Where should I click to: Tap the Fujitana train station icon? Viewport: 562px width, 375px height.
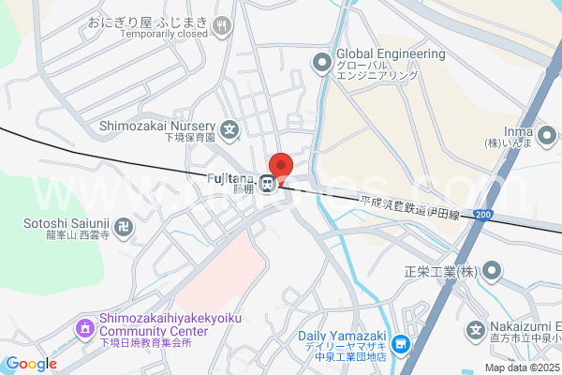pyautogui.click(x=268, y=184)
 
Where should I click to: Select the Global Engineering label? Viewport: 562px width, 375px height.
pyautogui.click(x=391, y=54)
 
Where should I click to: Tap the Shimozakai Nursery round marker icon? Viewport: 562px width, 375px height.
pyautogui.click(x=230, y=128)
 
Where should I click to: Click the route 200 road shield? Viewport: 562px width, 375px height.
pyautogui.click(x=482, y=215)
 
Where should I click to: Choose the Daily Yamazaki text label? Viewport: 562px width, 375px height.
pyautogui.click(x=343, y=336)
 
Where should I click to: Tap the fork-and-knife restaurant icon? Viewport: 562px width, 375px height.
pyautogui.click(x=221, y=27)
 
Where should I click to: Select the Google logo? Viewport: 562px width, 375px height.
pyautogui.click(x=31, y=364)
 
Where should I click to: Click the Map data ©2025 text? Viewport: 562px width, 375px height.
pyautogui.click(x=522, y=367)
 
